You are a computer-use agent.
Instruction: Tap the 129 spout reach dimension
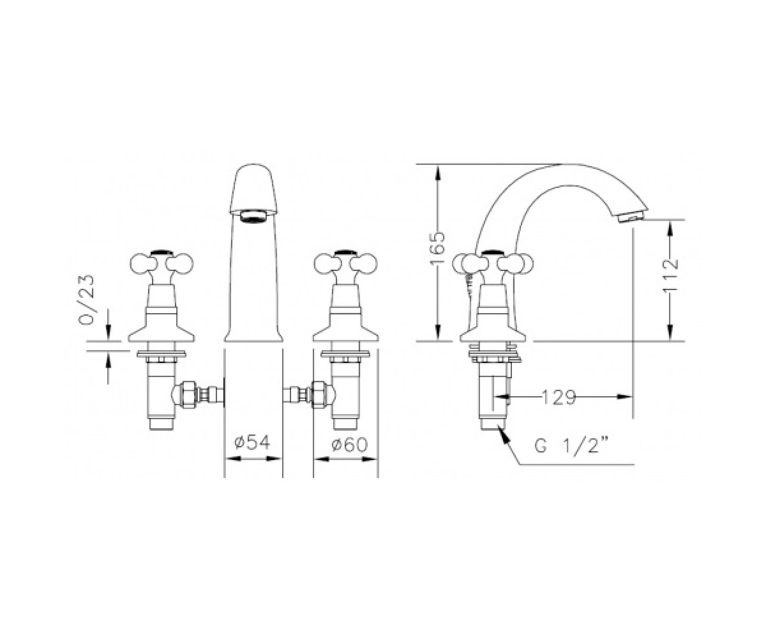point(559,397)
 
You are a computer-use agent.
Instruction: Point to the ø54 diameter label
point(252,443)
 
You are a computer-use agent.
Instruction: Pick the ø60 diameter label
point(349,445)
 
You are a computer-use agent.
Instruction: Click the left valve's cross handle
point(161,263)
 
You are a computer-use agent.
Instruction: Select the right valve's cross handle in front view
point(345,263)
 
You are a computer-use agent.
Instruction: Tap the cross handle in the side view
point(493,263)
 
